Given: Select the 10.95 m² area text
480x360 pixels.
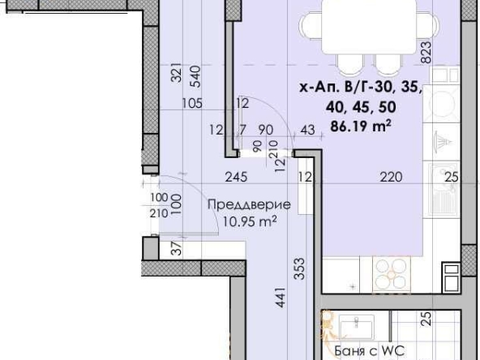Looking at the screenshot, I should point(244,221).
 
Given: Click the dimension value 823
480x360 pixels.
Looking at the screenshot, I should point(426,55).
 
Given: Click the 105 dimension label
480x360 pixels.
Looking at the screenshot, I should point(192,103).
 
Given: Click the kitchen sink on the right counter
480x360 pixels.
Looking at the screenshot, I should point(444,192).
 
